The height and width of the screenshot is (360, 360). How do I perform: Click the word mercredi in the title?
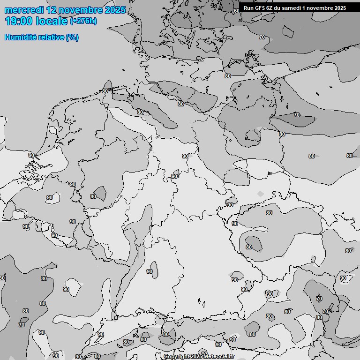tap(24, 10)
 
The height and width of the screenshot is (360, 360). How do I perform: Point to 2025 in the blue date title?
tap(115, 10)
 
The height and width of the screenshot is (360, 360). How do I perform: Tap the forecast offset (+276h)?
tap(83, 21)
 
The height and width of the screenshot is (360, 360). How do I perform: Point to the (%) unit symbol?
tap(72, 37)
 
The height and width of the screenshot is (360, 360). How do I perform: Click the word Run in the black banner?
tap(248, 8)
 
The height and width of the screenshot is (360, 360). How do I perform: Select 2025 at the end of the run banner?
tap(340, 8)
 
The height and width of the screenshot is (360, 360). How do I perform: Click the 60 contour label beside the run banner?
tap(236, 10)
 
